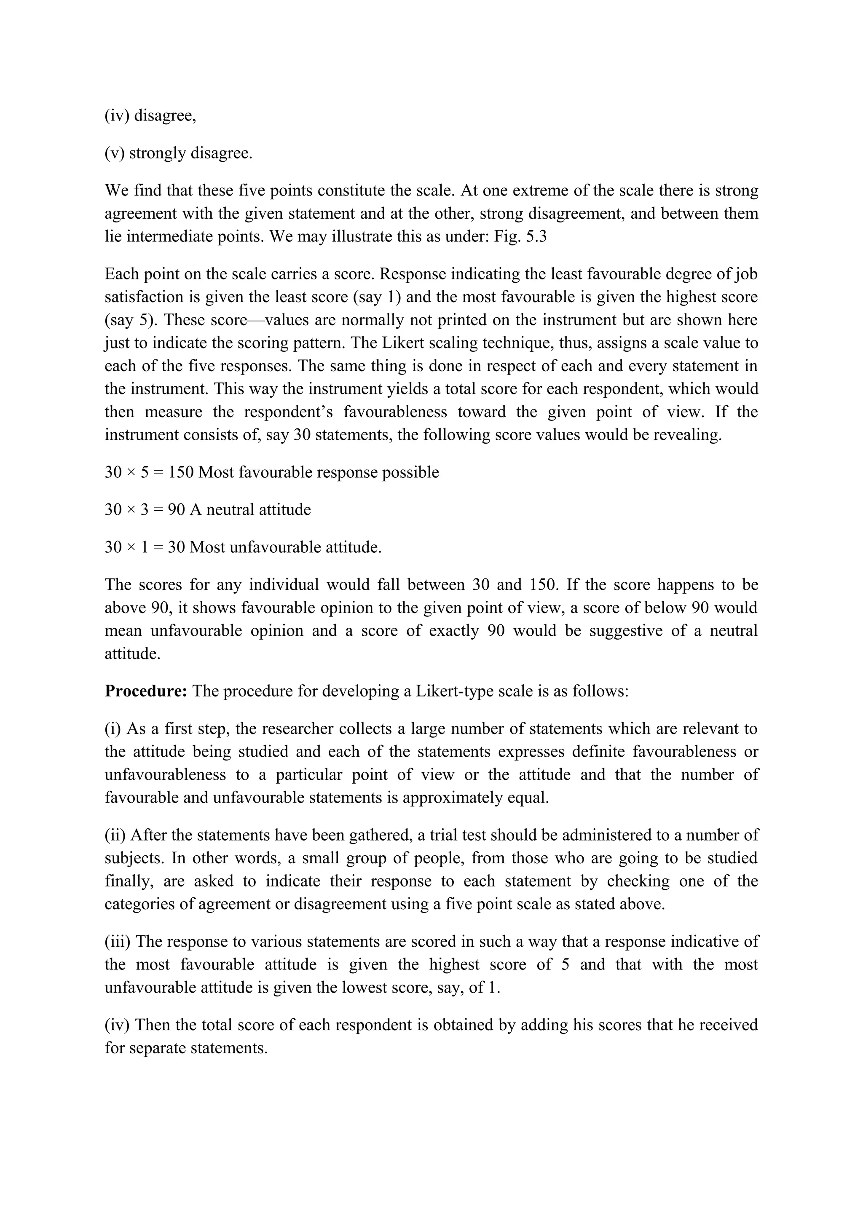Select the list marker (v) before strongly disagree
(115, 153)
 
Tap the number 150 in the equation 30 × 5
(181, 472)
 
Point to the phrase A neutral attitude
(250, 509)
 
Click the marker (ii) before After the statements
(115, 835)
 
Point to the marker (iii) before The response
(118, 941)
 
